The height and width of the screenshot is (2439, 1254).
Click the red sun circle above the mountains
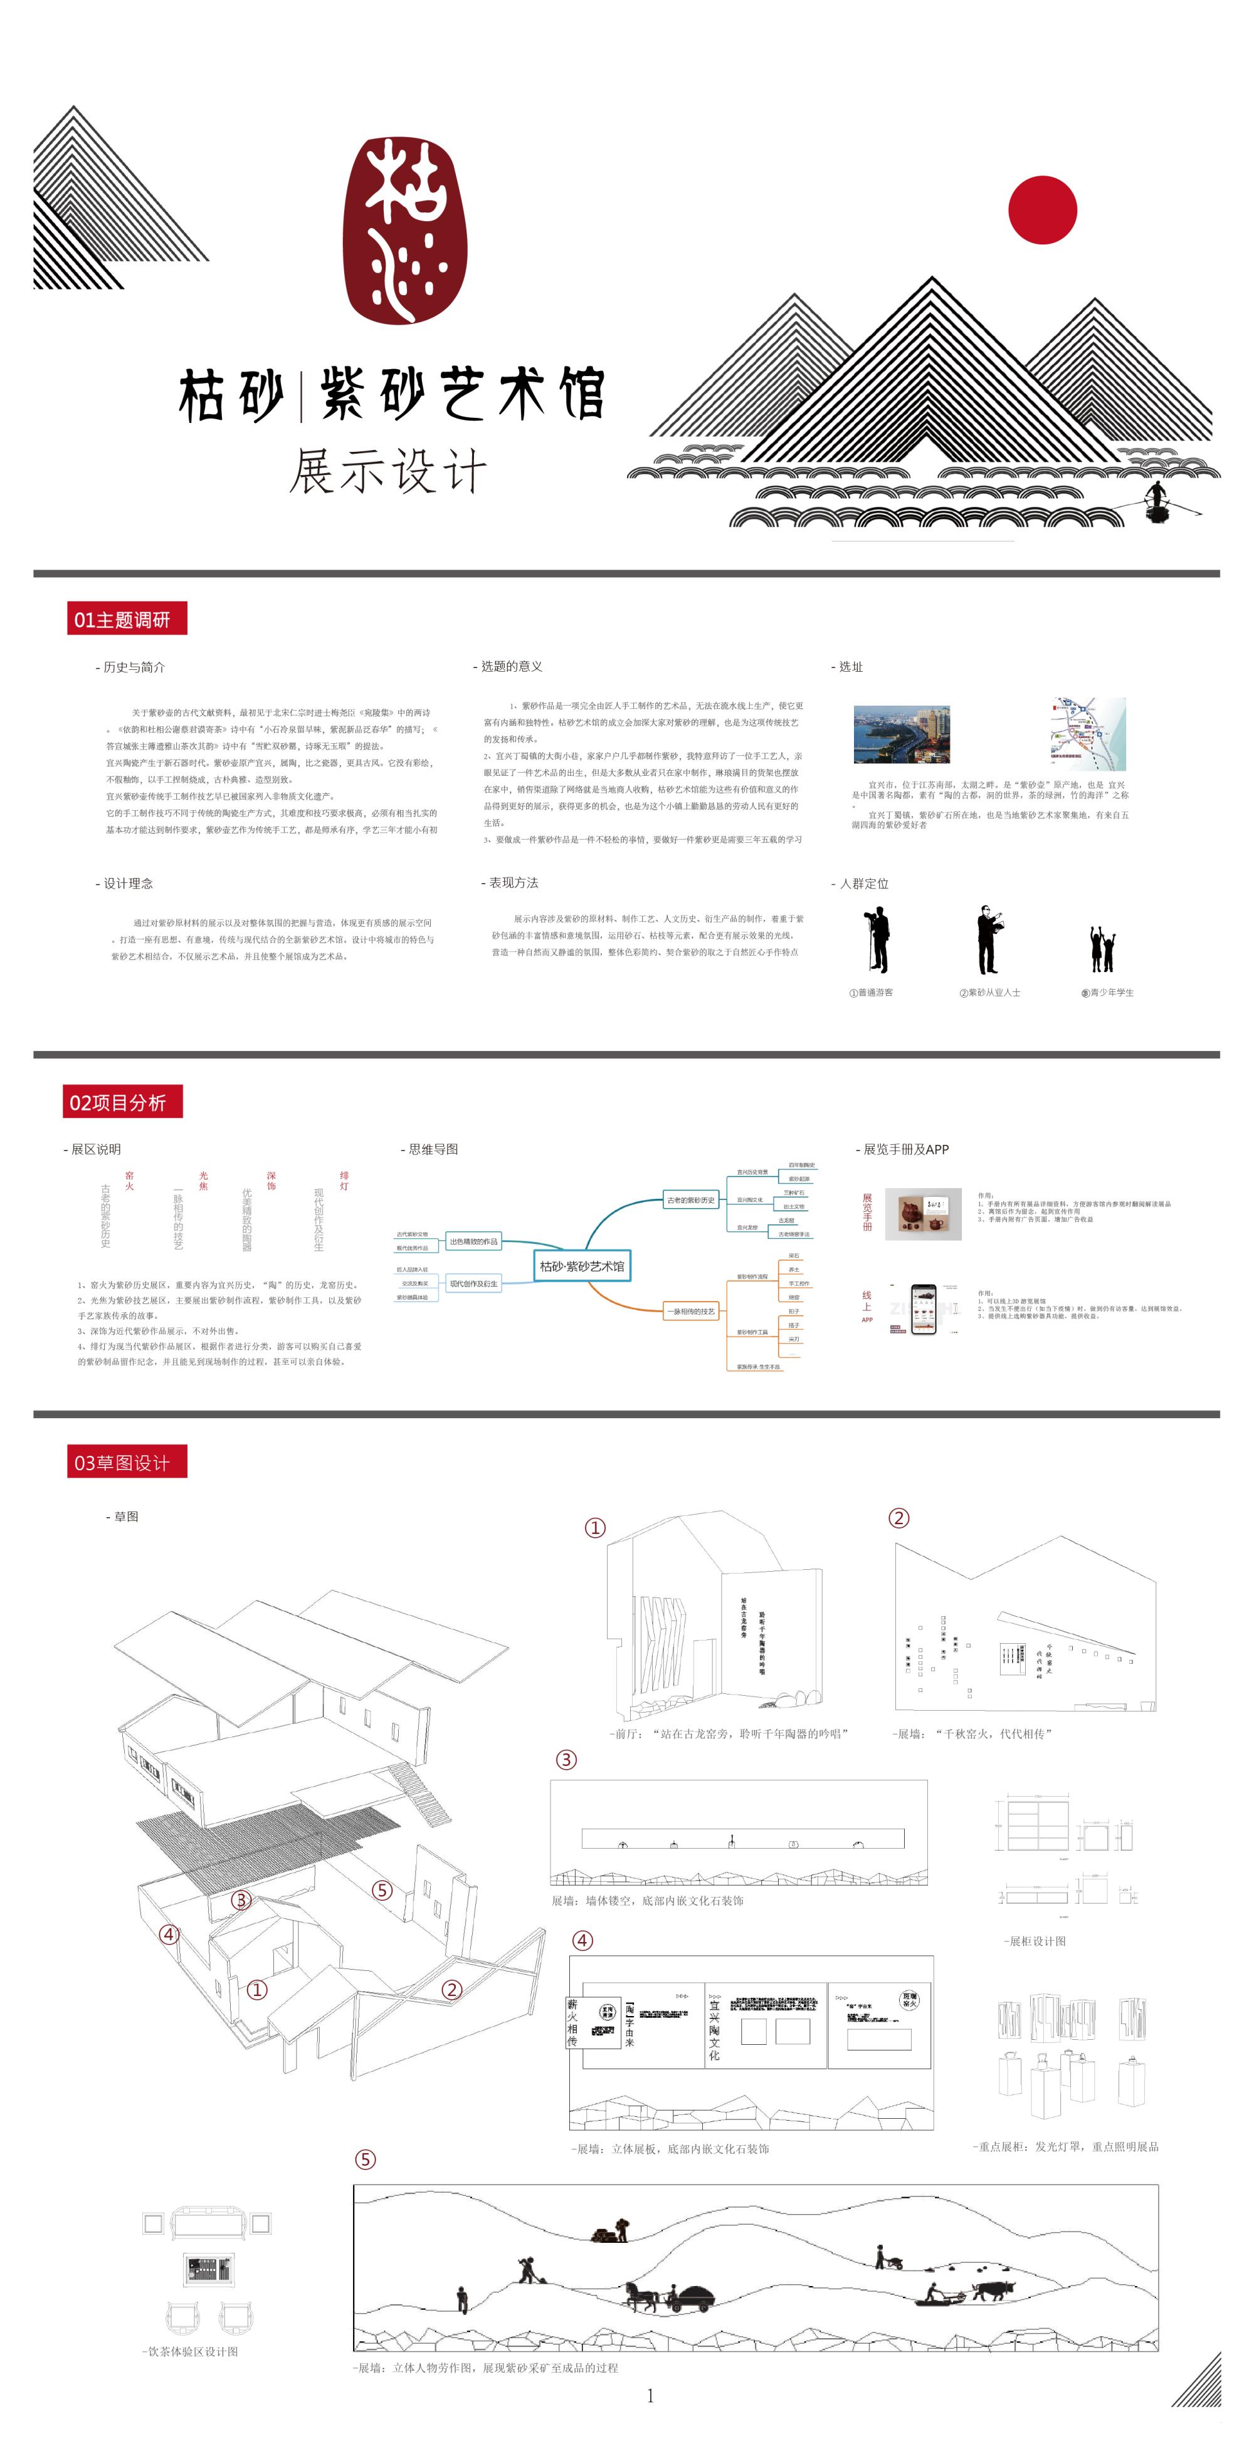tap(1042, 210)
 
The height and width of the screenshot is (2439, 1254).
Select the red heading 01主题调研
tap(127, 619)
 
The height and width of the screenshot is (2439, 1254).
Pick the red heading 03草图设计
tap(127, 1462)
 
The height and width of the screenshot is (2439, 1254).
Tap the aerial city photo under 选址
tap(901, 734)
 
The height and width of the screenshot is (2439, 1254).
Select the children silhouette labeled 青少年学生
tap(1102, 949)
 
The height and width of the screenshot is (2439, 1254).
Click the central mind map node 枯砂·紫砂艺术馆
tap(581, 1266)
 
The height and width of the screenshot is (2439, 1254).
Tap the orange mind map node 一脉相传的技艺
tap(692, 1312)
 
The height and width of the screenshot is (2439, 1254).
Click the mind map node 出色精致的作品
tap(473, 1241)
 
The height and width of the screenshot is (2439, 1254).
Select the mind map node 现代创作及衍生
tap(473, 1284)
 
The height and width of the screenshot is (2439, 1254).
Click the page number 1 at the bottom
tap(650, 2395)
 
